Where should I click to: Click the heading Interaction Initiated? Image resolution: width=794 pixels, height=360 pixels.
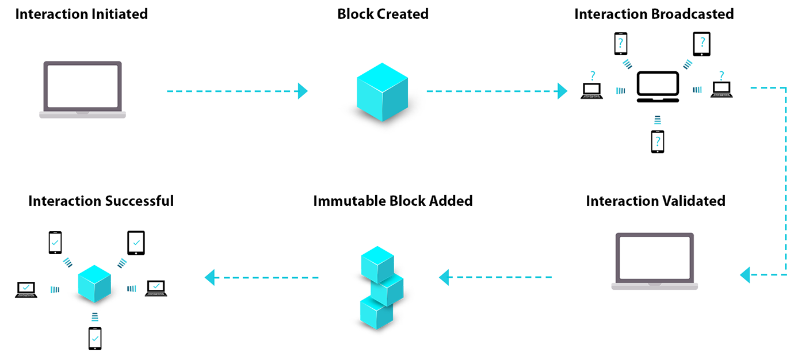pos(82,14)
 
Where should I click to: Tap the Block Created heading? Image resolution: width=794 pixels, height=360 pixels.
pos(383,14)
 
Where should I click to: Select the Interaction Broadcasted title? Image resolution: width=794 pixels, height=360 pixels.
pos(654,14)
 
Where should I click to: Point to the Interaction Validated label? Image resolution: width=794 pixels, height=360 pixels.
pos(655,201)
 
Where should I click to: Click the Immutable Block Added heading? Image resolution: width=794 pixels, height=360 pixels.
pos(392,201)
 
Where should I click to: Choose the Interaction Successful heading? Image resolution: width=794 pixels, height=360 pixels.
pos(101,201)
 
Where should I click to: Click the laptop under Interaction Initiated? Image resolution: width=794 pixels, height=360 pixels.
pos(83,90)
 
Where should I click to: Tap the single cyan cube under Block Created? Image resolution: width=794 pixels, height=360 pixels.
pos(382,92)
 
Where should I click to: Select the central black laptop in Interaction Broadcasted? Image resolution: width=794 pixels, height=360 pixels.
pos(658,87)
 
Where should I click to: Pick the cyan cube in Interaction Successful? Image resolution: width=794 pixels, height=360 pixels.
pos(94,284)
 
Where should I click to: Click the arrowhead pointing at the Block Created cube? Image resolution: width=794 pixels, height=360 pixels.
pos(303,91)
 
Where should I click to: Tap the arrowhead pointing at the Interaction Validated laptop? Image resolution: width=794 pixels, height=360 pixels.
pos(745,275)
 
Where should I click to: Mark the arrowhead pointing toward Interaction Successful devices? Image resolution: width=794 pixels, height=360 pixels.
pos(210,277)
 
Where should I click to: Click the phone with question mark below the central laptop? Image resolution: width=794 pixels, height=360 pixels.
pos(657,141)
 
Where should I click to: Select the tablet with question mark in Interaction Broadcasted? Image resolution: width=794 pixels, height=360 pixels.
pos(701,44)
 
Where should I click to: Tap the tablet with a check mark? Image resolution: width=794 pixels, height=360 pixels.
pos(136,243)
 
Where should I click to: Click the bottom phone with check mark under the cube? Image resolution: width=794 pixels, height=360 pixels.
pos(95,338)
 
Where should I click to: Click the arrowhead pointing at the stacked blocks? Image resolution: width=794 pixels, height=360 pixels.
pos(444,277)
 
